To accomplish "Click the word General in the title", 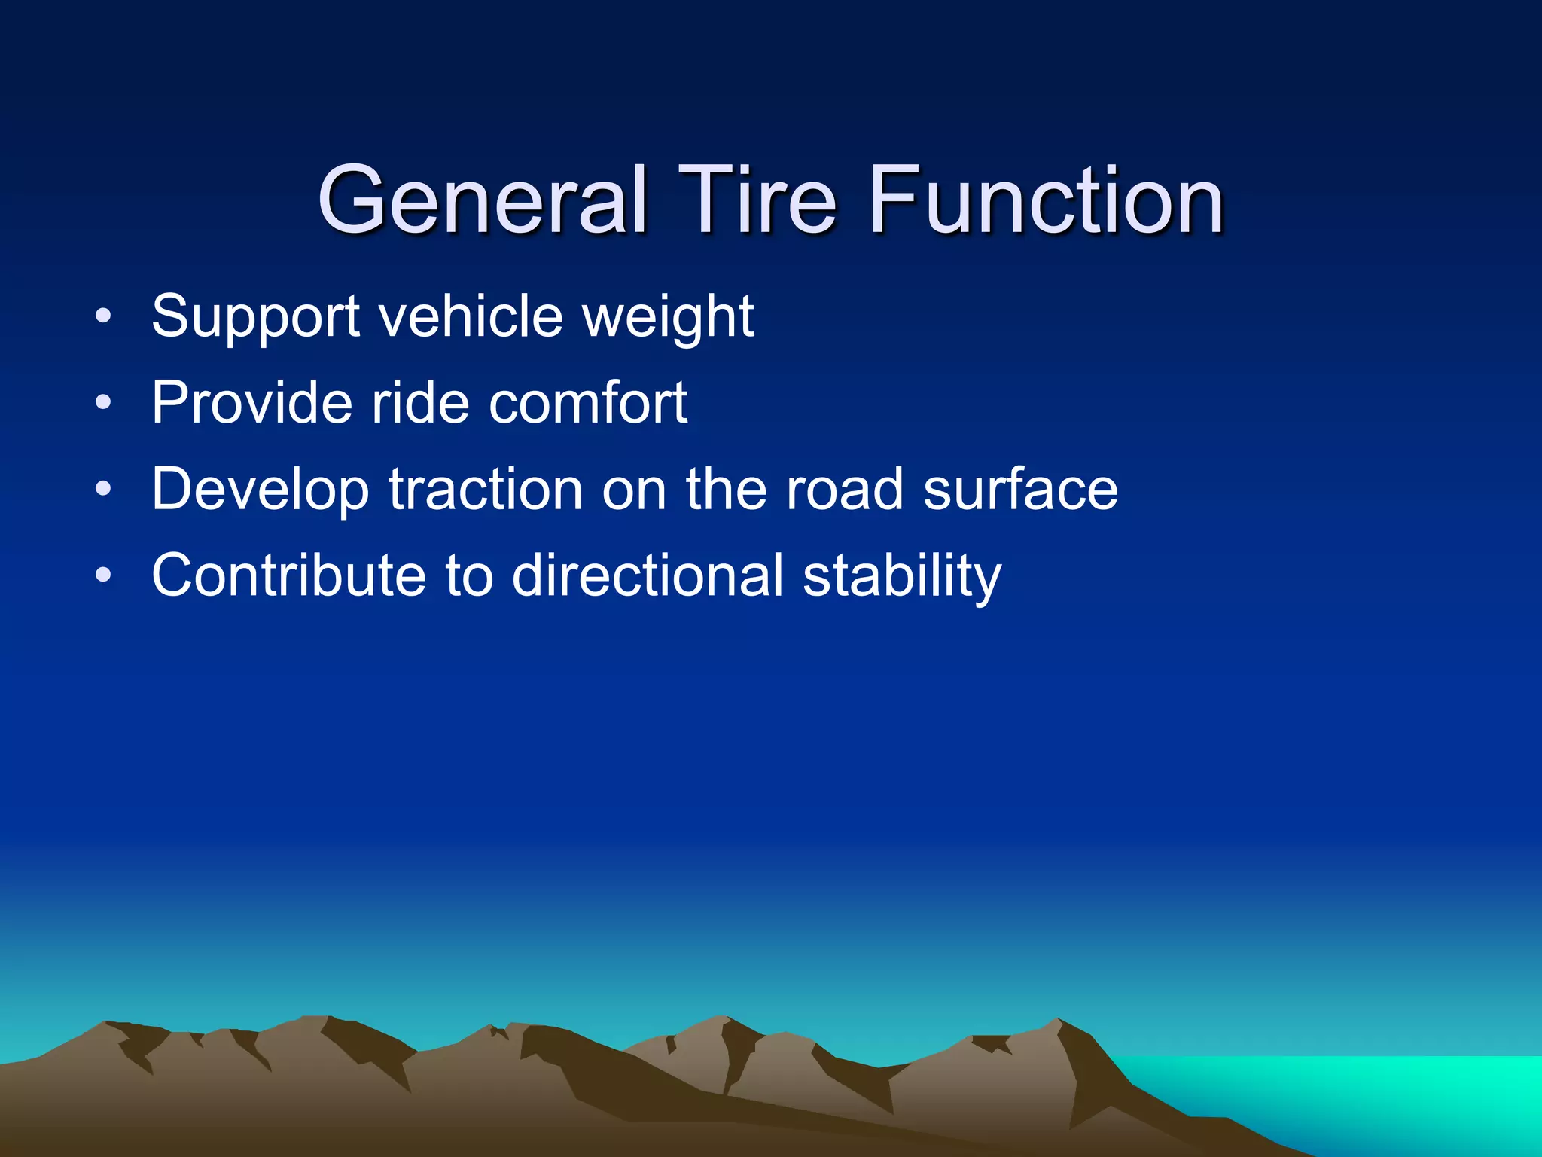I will [482, 200].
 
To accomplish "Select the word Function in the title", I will [1046, 200].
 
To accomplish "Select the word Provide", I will [251, 402].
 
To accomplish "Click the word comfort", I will [588, 402].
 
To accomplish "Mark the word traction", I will [486, 490].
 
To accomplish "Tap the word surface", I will [1020, 490].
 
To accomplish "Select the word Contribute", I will [289, 575].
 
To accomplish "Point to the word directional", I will [648, 575].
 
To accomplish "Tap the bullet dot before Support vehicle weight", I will [103, 317].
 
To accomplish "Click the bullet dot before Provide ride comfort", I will [103, 404].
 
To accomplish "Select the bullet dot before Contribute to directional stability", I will [103, 577].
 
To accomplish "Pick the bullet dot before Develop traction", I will [103, 490].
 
